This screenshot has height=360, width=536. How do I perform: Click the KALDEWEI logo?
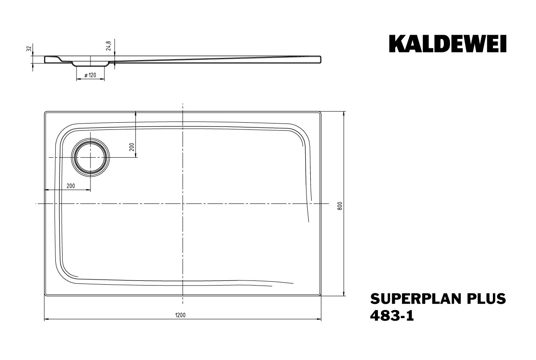(447, 44)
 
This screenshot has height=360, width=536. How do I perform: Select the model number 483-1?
(392, 316)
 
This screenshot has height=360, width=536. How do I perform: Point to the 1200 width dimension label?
(180, 315)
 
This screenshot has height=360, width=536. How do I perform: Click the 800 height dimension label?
(340, 206)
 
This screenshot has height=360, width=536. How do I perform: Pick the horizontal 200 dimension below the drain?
(71, 186)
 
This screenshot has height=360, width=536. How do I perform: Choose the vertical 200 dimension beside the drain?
(131, 147)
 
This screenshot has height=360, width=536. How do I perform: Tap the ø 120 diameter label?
(90, 75)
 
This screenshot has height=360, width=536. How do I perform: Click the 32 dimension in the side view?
(29, 49)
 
